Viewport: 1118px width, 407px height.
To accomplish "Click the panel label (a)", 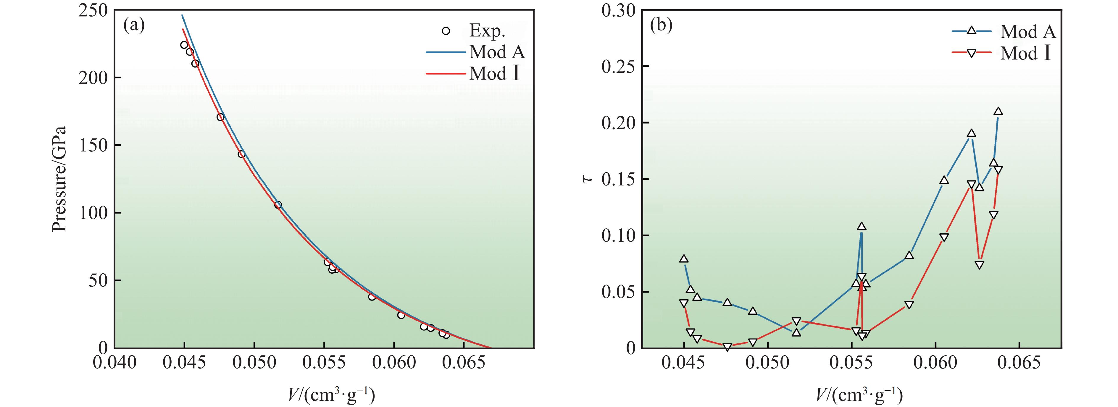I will [x=134, y=26].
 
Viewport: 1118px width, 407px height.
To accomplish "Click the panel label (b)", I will [x=661, y=26].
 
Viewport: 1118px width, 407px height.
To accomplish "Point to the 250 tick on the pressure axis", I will [x=93, y=10].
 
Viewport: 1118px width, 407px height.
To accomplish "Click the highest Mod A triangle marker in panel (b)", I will [x=998, y=112].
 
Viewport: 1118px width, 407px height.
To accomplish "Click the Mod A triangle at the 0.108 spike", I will [x=862, y=226].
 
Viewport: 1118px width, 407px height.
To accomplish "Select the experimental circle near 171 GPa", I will [x=220, y=117].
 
